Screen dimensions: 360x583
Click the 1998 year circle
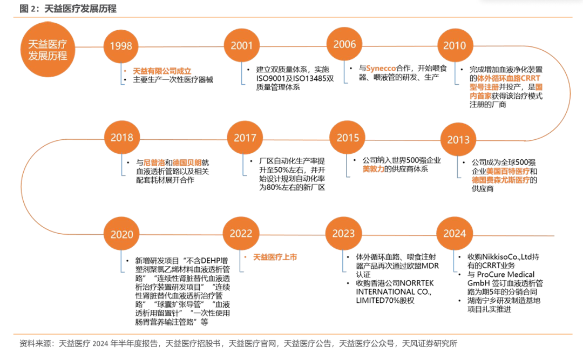tap(120, 46)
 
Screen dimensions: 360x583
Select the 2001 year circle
tap(241, 46)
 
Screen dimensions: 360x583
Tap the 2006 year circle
tap(344, 44)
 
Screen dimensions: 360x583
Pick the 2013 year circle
tap(458, 140)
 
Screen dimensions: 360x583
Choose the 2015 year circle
tap(348, 138)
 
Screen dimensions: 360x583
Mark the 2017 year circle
tap(245, 138)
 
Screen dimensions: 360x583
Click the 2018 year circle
tap(121, 138)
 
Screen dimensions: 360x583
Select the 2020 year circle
tap(121, 234)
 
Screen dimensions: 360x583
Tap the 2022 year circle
tap(241, 233)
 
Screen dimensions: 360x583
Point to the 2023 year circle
tap(343, 233)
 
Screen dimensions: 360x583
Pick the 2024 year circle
tap(455, 233)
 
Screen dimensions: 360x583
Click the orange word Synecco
tap(382, 69)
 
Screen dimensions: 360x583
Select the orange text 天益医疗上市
tap(275, 257)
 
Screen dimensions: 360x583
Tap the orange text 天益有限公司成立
tap(162, 71)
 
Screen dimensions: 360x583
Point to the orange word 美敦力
tap(374, 169)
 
